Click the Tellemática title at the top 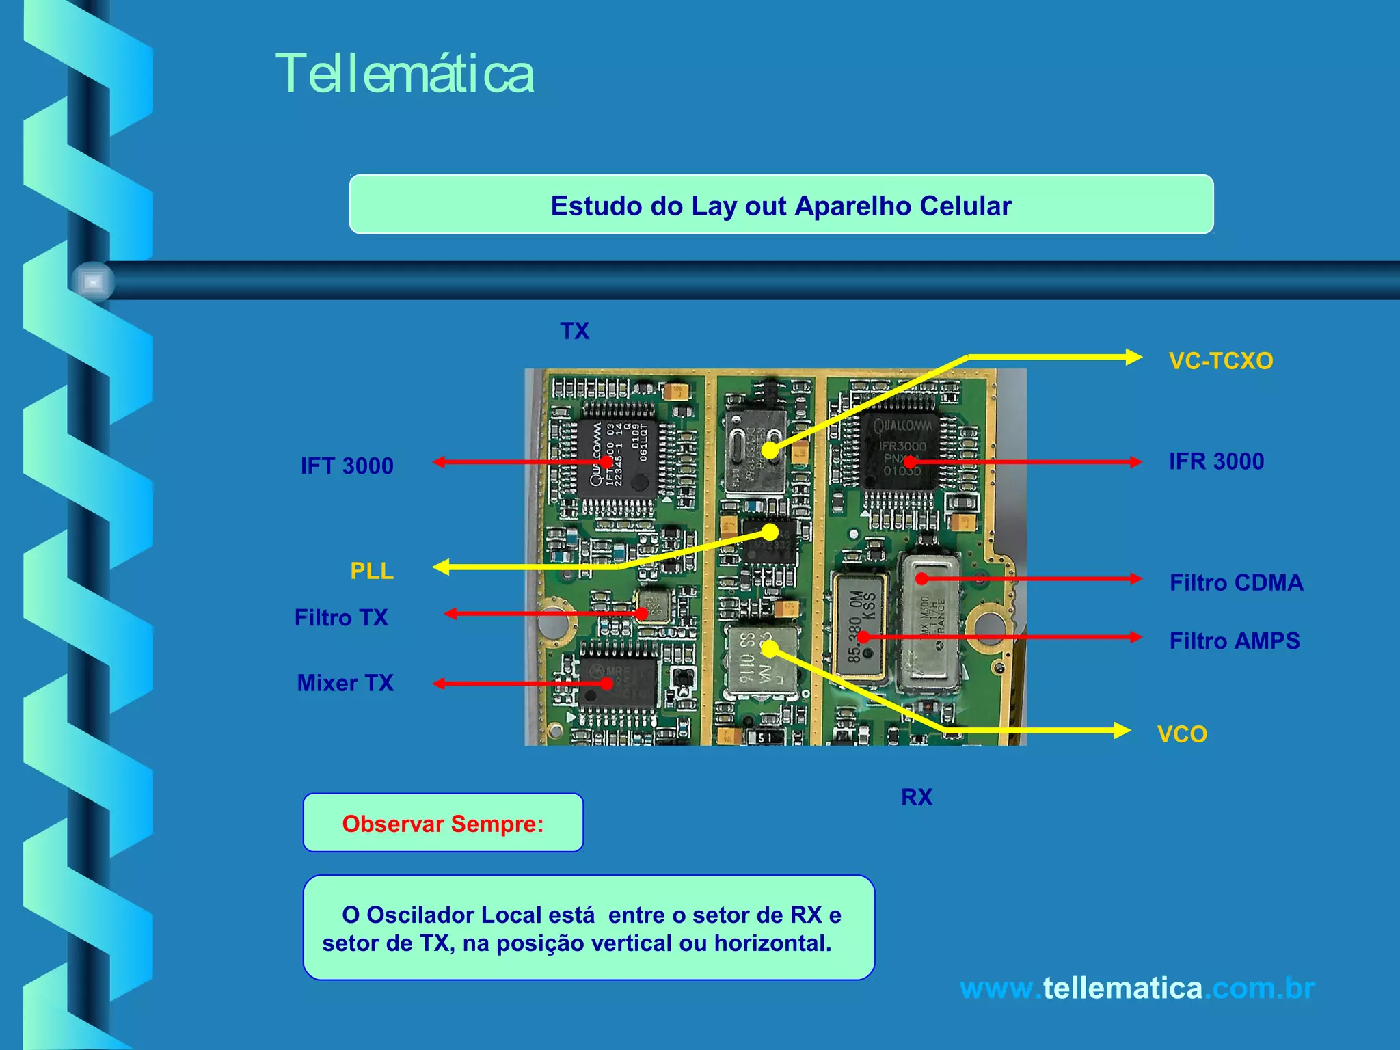pyautogui.click(x=404, y=74)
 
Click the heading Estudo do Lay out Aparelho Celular pyautogui.click(x=781, y=206)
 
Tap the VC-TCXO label pyautogui.click(x=1221, y=361)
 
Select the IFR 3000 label pyautogui.click(x=1216, y=461)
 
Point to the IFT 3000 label pyautogui.click(x=347, y=466)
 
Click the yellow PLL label pyautogui.click(x=372, y=571)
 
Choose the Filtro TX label pyautogui.click(x=341, y=618)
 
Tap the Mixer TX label pyautogui.click(x=345, y=683)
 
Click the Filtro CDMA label pyautogui.click(x=1236, y=582)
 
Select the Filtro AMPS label pyautogui.click(x=1235, y=641)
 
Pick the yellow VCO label pyautogui.click(x=1182, y=734)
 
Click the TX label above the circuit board pyautogui.click(x=574, y=332)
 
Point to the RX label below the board pyautogui.click(x=916, y=797)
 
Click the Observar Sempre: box pyautogui.click(x=443, y=824)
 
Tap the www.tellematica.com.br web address pyautogui.click(x=1137, y=988)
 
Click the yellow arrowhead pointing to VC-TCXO pyautogui.click(x=1133, y=357)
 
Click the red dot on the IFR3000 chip pyautogui.click(x=910, y=463)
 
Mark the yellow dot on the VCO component pyautogui.click(x=770, y=647)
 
